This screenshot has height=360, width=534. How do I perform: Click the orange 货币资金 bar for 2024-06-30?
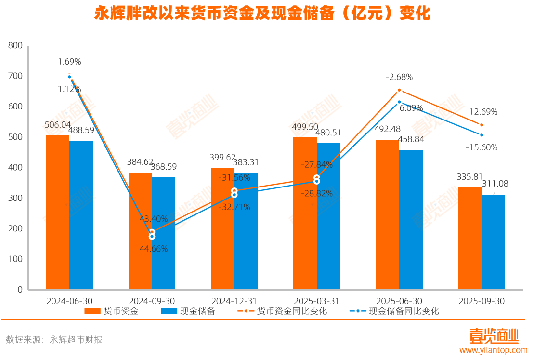tap(57, 212)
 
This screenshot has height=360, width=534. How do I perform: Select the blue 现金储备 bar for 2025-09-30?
tap(493, 242)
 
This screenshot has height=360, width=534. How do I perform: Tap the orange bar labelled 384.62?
tap(140, 230)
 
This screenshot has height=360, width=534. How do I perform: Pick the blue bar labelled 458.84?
tap(411, 219)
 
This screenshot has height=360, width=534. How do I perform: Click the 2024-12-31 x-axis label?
tap(234, 301)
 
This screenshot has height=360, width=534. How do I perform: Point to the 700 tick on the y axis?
tap(15, 76)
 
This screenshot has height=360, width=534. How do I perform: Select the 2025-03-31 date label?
tap(317, 301)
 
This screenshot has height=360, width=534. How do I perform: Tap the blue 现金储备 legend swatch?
tap(169, 311)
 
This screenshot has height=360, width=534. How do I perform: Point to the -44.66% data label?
tap(152, 249)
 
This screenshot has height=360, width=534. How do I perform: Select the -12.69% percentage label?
tap(482, 112)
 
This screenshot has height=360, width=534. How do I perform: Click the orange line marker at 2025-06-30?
tap(399, 90)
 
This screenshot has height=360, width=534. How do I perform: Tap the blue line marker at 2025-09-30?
tap(482, 135)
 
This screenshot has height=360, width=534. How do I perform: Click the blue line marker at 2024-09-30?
tap(152, 237)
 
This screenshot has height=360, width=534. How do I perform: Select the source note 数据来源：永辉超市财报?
tap(54, 340)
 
